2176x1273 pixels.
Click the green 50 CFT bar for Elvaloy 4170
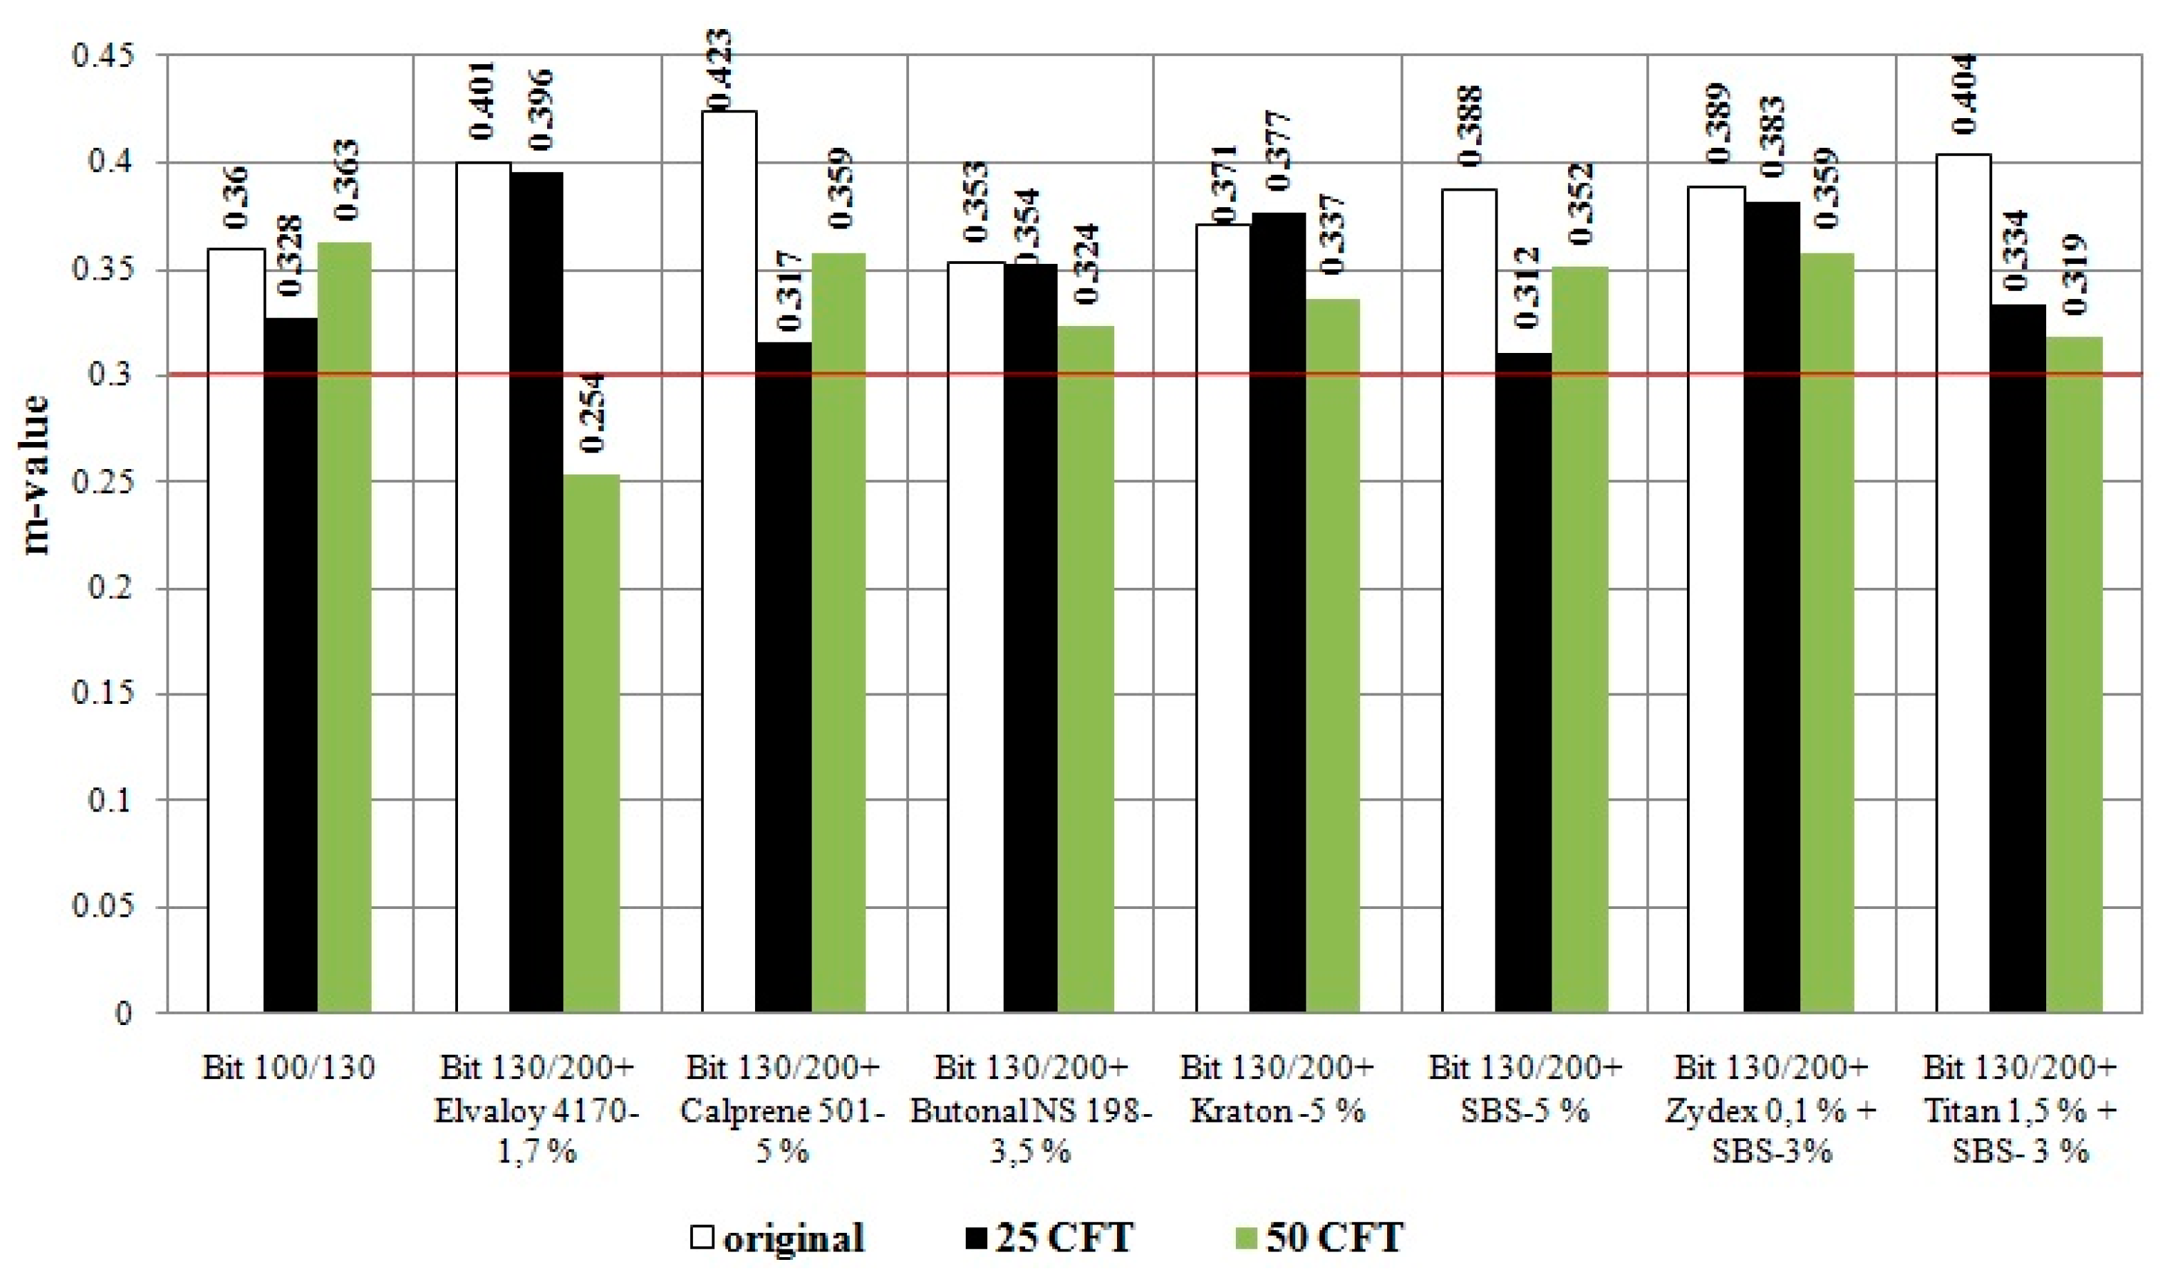tap(591, 743)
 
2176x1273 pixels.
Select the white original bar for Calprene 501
tap(729, 562)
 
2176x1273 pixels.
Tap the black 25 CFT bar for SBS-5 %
tap(1523, 682)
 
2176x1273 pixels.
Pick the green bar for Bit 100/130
tap(345, 626)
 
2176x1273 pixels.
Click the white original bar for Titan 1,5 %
tap(1963, 583)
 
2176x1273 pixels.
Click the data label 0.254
tap(593, 413)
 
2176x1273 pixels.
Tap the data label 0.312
tap(1526, 287)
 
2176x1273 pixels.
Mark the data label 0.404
tap(1965, 93)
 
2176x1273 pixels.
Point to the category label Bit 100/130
tap(289, 1069)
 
